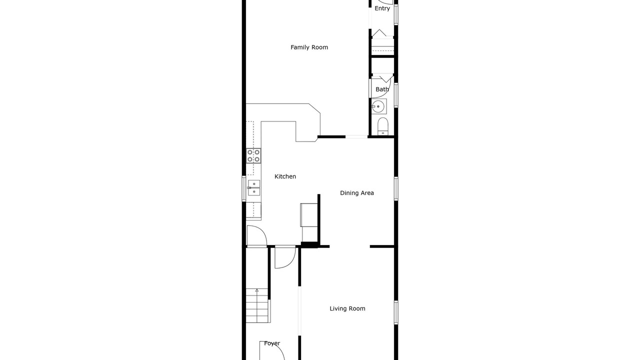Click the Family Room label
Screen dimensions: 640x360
[309, 47]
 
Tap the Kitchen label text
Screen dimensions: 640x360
[285, 176]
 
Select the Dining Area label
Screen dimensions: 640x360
[357, 193]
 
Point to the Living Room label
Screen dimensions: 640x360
[347, 308]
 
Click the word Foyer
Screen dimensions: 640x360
[272, 343]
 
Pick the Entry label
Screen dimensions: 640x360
[382, 8]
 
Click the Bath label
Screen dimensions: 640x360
[382, 89]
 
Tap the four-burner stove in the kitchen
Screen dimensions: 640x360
[253, 155]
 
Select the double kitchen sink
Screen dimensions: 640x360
[253, 187]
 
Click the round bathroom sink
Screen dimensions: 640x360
[379, 106]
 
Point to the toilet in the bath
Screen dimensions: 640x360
[383, 126]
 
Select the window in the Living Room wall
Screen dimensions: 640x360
[396, 312]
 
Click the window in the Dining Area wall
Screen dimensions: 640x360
[396, 188]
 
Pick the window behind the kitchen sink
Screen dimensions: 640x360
[243, 188]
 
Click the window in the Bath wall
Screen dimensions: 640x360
[396, 95]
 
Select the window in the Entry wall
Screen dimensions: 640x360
[396, 14]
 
